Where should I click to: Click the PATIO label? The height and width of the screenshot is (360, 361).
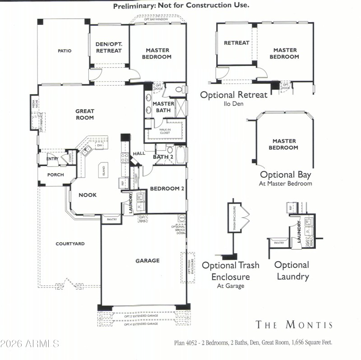tap(64, 51)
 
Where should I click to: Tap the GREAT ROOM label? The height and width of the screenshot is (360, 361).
tap(85, 114)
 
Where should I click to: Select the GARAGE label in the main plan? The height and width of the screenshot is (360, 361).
tap(148, 261)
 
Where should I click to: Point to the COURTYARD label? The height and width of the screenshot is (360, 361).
tap(70, 244)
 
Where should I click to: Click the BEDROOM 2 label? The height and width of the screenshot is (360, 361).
tap(167, 189)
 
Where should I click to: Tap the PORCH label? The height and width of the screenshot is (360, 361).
tap(56, 175)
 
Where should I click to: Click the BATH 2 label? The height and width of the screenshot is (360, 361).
tap(163, 157)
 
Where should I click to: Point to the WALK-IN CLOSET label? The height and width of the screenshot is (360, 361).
tap(165, 131)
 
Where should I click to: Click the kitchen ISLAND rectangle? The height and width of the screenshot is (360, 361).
tap(103, 170)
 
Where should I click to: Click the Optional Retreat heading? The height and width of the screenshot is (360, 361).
tap(234, 95)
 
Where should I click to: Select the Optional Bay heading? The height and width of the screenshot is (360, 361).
tap(285, 175)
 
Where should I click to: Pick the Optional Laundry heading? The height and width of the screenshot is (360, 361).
tap(292, 270)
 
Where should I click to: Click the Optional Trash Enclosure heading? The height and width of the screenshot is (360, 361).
tap(231, 271)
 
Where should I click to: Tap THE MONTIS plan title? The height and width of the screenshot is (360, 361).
tap(294, 325)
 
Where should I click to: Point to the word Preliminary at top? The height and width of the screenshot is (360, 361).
tap(134, 6)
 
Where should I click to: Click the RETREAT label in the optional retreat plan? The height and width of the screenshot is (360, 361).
tap(236, 43)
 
